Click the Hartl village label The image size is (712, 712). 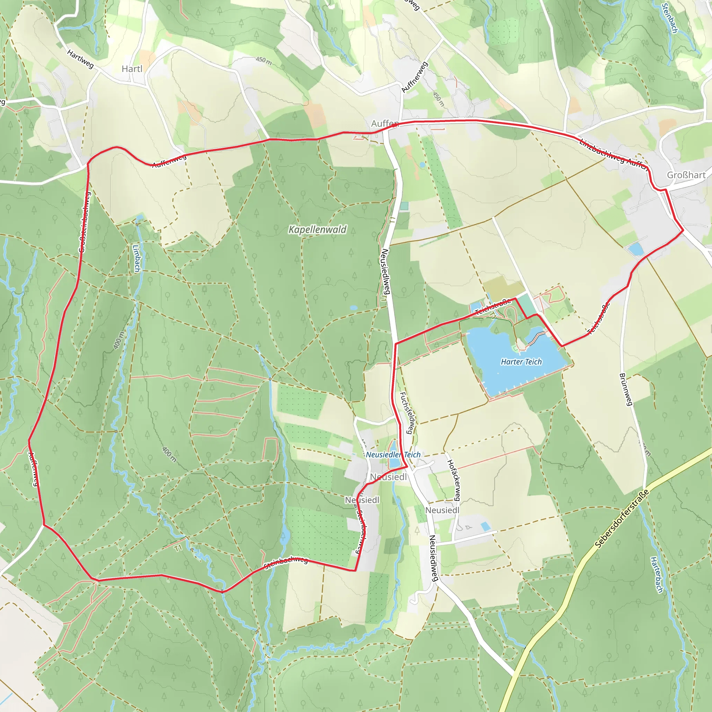pyautogui.click(x=132, y=69)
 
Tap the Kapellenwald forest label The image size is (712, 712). pyautogui.click(x=317, y=229)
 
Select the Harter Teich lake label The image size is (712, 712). pyautogui.click(x=521, y=362)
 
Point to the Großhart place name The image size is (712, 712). pyautogui.click(x=686, y=175)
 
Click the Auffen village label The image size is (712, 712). pyautogui.click(x=385, y=123)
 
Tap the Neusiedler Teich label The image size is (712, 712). pyautogui.click(x=393, y=455)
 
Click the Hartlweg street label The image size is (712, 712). pyautogui.click(x=80, y=59)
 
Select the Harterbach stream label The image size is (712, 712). pyautogui.click(x=656, y=575)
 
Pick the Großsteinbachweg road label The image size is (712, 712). pyautogui.click(x=84, y=222)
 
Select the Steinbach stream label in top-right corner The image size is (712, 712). pyautogui.click(x=670, y=18)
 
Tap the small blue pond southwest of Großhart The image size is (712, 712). pyautogui.click(x=636, y=249)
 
